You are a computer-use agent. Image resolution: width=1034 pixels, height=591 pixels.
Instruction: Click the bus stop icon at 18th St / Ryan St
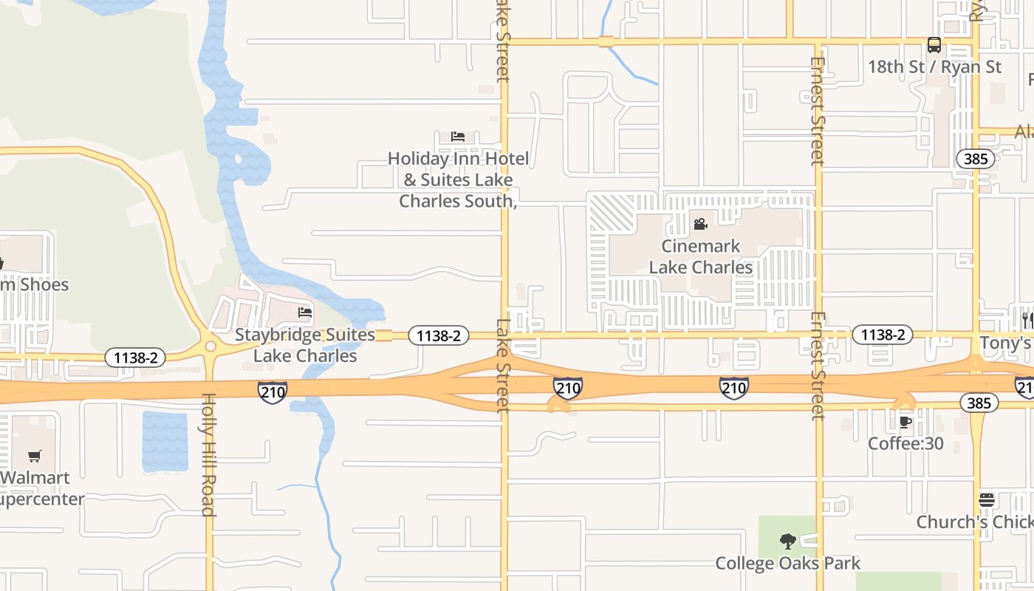[934, 45]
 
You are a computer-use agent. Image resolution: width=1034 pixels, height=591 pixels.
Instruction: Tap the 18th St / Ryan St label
[934, 66]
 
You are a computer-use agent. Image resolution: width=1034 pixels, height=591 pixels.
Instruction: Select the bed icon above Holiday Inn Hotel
[458, 137]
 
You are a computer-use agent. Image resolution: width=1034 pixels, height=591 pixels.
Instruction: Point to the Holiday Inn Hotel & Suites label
[458, 180]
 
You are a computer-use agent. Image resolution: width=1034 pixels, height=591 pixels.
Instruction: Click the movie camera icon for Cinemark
[700, 224]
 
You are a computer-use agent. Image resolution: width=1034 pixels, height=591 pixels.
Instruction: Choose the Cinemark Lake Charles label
[700, 256]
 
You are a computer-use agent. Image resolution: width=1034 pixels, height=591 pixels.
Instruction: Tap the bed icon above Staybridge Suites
[305, 312]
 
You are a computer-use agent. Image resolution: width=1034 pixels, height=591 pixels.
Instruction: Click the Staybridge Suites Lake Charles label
[305, 345]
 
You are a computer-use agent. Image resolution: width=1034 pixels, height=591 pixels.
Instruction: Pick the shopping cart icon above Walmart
[35, 457]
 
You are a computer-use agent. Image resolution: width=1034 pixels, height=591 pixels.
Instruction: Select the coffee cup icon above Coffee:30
[905, 423]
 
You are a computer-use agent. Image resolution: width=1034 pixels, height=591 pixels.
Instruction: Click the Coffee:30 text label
[905, 443]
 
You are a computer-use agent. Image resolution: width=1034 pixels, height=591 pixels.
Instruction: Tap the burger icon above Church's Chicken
[987, 500]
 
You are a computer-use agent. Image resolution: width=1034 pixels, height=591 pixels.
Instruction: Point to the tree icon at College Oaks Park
[788, 542]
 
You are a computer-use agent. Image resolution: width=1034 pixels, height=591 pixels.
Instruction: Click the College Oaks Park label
[788, 564]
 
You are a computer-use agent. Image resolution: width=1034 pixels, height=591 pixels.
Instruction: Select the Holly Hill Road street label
[208, 454]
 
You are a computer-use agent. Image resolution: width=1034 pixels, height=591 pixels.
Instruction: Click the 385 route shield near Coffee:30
[979, 403]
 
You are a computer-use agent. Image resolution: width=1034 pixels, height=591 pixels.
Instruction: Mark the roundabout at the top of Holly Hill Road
[211, 346]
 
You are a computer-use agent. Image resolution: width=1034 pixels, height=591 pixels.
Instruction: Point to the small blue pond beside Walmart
[165, 442]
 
